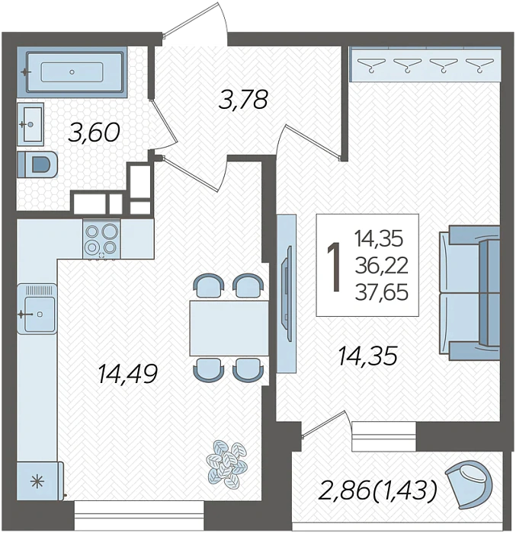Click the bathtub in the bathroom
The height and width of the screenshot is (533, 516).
(x=72, y=72)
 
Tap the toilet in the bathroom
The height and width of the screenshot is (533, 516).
(x=37, y=164)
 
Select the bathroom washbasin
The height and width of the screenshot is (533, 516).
(x=30, y=124)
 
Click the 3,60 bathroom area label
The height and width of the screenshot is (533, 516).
(x=95, y=133)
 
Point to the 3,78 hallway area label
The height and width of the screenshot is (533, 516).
(x=243, y=100)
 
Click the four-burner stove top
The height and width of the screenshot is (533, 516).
(x=101, y=238)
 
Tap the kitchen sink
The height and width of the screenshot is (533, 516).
(x=37, y=308)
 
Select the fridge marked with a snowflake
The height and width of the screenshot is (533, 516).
(x=40, y=480)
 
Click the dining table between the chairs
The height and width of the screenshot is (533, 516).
(x=229, y=328)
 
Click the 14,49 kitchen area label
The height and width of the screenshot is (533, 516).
(x=127, y=374)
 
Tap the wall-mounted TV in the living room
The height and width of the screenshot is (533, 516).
(x=287, y=293)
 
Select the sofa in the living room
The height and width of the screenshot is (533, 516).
(x=470, y=293)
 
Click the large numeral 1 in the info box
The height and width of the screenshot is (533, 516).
(x=335, y=267)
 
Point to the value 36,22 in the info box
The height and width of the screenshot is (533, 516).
(x=381, y=266)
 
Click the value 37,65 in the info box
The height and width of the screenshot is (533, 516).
(x=381, y=292)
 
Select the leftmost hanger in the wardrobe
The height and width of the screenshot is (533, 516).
(x=371, y=65)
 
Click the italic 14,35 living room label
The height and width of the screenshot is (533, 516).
(x=367, y=356)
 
